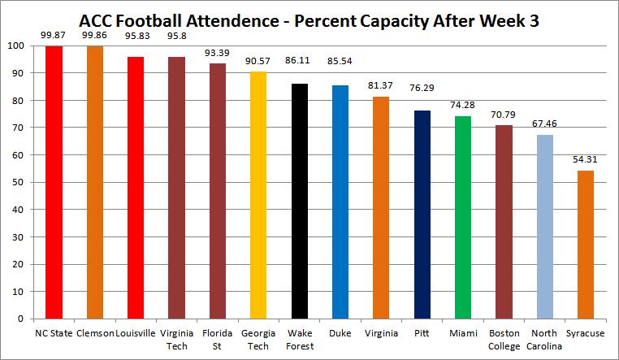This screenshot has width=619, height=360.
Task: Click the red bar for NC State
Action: click(54, 182)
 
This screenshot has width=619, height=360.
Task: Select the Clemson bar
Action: click(95, 182)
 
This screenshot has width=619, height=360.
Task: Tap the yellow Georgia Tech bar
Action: click(258, 195)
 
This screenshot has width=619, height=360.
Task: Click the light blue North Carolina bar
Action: click(544, 227)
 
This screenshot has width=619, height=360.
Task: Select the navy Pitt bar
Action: click(422, 215)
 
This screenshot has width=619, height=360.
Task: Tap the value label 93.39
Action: click(218, 54)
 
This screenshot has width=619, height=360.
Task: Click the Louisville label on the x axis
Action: click(136, 332)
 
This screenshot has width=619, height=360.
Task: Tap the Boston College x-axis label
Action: click(504, 338)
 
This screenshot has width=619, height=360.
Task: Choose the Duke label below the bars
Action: click(340, 332)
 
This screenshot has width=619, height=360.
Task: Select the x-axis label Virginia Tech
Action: click(176, 338)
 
